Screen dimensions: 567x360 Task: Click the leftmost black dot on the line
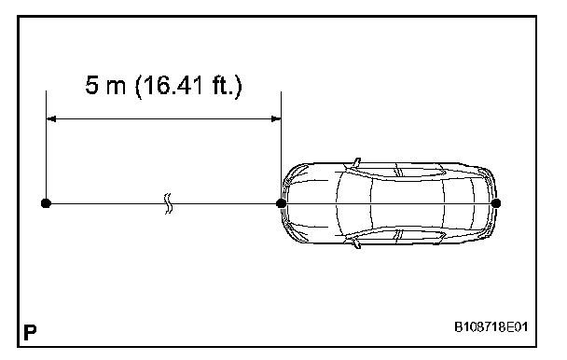[x=46, y=203]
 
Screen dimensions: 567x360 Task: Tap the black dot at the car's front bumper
[x=281, y=203]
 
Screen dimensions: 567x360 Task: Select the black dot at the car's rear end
[x=496, y=203]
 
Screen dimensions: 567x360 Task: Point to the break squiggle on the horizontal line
[x=168, y=203]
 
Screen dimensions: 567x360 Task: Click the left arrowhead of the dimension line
[x=51, y=118]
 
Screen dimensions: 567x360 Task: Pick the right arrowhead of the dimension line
[x=276, y=118]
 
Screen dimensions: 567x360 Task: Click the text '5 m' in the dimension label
[x=105, y=85]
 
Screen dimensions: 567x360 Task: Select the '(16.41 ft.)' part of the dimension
[x=188, y=86]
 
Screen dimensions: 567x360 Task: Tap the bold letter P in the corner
[x=30, y=333]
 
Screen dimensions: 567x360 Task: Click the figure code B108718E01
[x=491, y=327]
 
